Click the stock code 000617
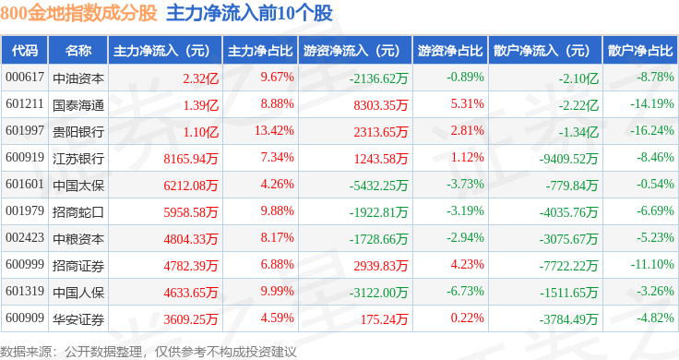coord(25,78)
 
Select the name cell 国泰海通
coord(78,105)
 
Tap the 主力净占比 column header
coord(260,51)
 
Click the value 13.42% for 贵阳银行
coord(275,130)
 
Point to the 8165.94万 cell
coord(191,159)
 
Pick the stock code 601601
coord(25,184)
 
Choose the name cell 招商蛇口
coord(78,212)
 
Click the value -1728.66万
coord(379,239)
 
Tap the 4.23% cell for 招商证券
coord(467,264)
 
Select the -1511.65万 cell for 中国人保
coord(569,293)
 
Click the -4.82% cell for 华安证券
coord(656,318)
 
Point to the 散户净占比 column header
coord(640,51)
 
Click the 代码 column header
coord(25,51)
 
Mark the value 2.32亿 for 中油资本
coord(200,78)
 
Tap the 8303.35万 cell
coord(381,105)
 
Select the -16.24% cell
coord(652,130)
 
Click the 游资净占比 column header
coord(450,51)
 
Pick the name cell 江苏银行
coord(78,159)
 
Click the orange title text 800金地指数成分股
coord(78,13)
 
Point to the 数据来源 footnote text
coord(149,352)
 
